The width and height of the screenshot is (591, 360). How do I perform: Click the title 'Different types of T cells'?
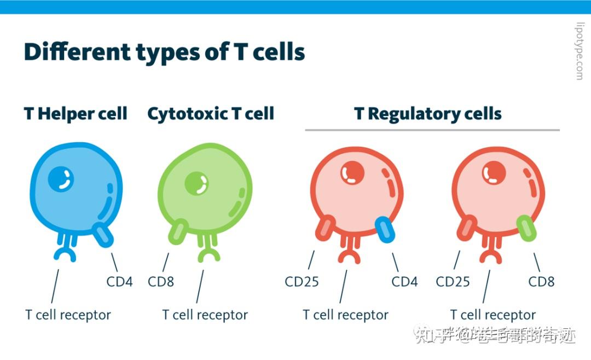[x=164, y=53]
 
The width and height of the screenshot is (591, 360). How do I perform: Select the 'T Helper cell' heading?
[x=76, y=114]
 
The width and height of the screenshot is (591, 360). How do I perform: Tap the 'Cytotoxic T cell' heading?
[x=211, y=114]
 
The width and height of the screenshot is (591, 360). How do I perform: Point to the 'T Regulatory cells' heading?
[x=428, y=114]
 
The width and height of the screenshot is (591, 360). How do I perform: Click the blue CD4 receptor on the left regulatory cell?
[x=385, y=229]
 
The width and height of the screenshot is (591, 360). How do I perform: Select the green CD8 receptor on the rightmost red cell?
[x=526, y=228]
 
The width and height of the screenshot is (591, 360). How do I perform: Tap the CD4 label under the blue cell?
[x=120, y=282]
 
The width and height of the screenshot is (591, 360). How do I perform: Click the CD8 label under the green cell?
[x=161, y=282]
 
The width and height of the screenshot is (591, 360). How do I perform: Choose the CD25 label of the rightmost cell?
[x=453, y=282]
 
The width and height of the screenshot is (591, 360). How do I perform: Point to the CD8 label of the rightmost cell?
[x=541, y=282]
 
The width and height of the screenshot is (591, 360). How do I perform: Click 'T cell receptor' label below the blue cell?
[x=68, y=315]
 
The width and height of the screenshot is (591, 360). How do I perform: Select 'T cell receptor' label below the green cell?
[x=205, y=315]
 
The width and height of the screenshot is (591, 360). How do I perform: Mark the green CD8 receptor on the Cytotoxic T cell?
[x=178, y=231]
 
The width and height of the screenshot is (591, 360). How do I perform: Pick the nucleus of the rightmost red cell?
[x=494, y=173]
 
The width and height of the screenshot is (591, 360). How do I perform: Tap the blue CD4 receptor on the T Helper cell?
[x=102, y=234]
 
